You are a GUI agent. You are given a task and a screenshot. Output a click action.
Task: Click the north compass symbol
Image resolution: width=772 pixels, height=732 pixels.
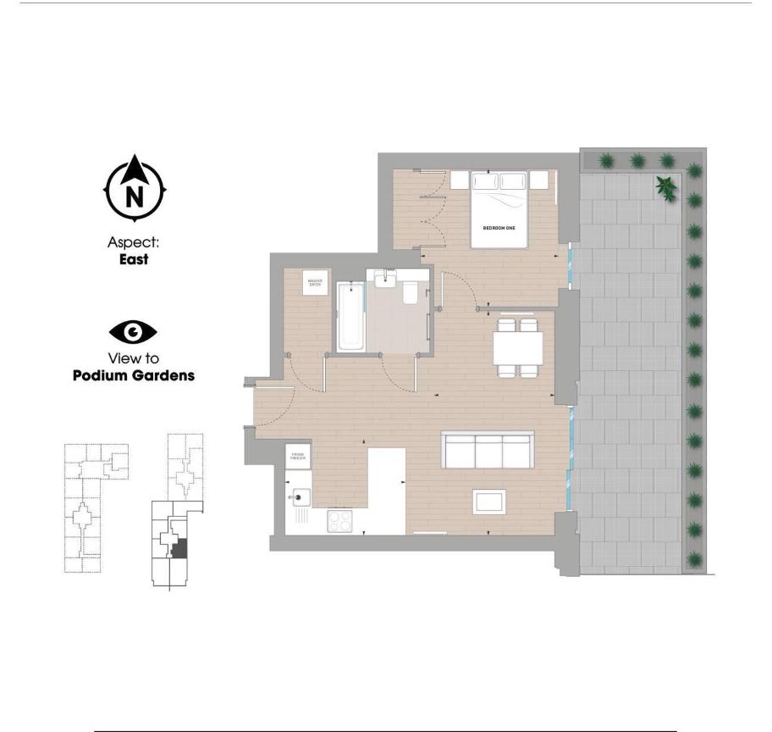point(135,188)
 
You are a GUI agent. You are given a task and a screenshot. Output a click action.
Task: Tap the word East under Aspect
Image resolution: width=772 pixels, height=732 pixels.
point(134,259)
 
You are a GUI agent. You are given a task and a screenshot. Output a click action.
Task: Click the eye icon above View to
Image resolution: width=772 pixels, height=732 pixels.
point(134,331)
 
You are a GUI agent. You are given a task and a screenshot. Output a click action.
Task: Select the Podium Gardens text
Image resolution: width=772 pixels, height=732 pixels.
point(134,374)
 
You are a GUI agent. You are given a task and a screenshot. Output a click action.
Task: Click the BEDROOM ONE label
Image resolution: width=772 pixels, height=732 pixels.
point(499,228)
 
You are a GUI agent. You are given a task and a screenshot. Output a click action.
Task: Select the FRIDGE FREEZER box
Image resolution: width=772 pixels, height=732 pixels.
point(298,456)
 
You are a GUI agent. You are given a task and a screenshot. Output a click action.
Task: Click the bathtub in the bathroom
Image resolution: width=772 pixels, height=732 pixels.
point(350,317)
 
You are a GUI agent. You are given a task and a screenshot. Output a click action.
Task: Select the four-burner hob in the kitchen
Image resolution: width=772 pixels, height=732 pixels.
point(340,521)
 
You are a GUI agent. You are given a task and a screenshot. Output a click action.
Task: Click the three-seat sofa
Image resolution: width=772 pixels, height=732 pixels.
point(488,449)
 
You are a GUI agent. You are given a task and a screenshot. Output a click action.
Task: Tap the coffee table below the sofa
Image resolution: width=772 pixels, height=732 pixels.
point(490,501)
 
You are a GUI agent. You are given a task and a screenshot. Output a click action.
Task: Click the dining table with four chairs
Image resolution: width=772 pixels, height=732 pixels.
point(517,347)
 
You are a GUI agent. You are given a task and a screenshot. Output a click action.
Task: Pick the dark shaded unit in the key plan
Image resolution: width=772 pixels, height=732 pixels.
point(179,546)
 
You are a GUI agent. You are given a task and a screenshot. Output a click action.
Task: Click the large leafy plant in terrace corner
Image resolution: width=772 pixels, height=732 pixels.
point(666,187)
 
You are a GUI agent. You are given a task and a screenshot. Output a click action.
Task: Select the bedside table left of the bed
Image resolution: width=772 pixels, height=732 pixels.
point(460,179)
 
